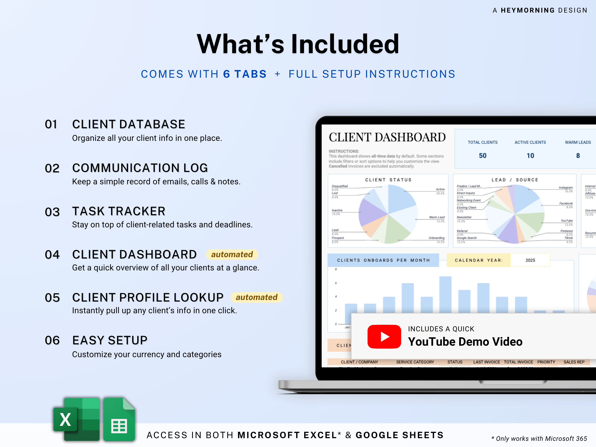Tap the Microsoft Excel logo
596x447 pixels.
coord(77,419)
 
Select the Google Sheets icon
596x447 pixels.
coord(119,419)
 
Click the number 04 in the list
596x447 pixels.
coord(52,255)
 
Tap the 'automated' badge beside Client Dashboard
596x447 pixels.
coord(232,254)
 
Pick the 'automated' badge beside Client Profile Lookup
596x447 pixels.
coord(257,297)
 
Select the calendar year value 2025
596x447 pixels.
coord(530,260)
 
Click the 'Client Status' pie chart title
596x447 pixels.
coord(388,180)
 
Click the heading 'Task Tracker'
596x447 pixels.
coord(119,211)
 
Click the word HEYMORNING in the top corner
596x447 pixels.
coord(528,10)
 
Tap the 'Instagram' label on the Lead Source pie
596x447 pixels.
coord(566,188)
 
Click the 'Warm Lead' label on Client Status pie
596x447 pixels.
coord(437,217)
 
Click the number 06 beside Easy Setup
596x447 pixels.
coord(52,340)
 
